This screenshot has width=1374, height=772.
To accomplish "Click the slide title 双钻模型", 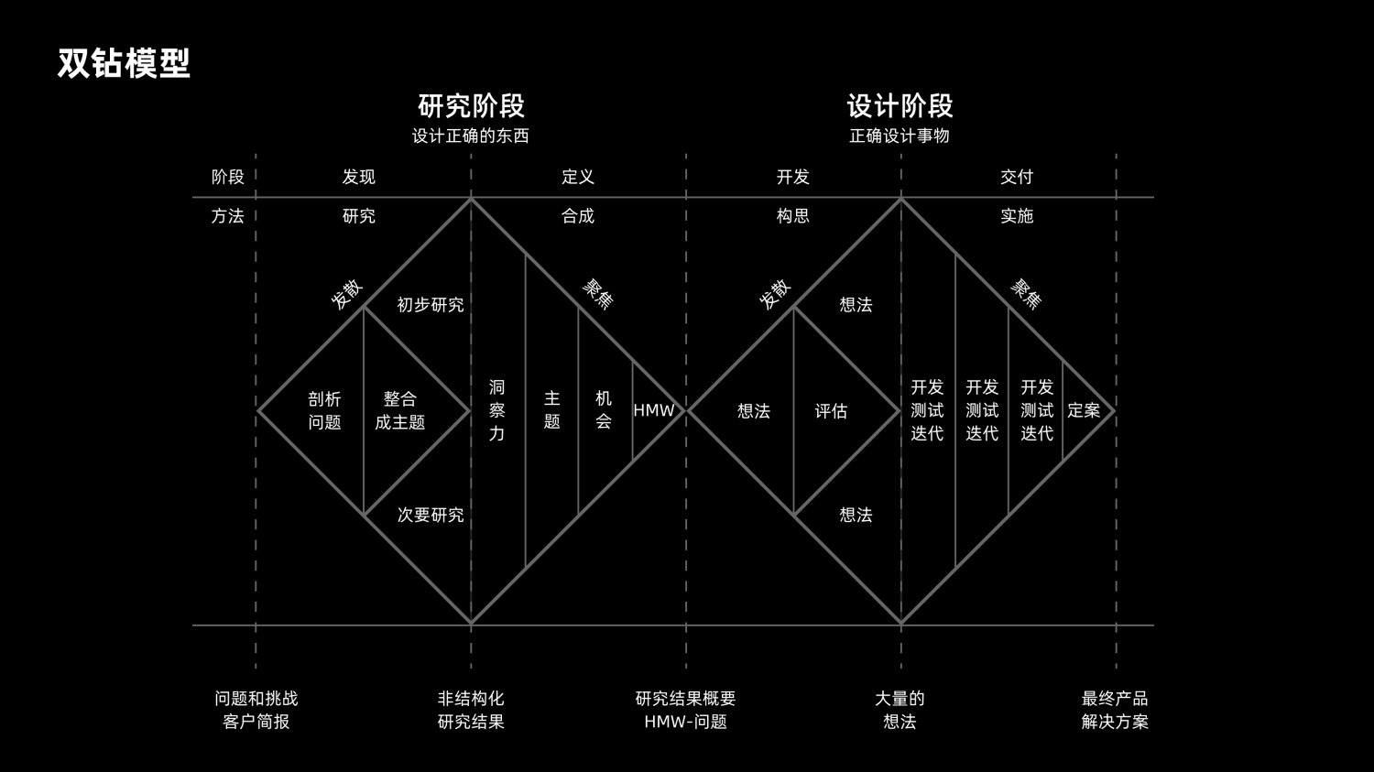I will [124, 63].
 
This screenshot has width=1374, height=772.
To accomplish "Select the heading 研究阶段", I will [471, 106].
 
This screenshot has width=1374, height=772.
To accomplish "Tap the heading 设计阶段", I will [900, 106].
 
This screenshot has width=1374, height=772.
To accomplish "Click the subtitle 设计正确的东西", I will [471, 136].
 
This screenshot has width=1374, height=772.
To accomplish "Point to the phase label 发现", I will [359, 177].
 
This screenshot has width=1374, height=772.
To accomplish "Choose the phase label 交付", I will [1017, 177].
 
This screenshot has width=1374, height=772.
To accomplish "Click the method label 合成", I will [578, 216].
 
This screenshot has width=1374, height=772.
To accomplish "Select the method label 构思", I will [793, 216].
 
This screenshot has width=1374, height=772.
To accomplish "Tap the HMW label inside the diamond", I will [654, 410].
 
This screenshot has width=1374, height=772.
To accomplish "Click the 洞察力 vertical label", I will [496, 410].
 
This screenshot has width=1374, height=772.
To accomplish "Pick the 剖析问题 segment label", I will [324, 410].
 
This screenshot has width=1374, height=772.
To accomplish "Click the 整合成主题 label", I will [400, 410].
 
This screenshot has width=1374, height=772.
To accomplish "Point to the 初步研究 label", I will [430, 305].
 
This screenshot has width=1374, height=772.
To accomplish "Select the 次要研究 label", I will [430, 515].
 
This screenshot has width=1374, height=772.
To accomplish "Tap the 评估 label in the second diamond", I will [831, 411].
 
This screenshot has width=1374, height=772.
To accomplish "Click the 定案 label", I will [1084, 410].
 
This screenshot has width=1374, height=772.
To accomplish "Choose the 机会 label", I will [604, 409].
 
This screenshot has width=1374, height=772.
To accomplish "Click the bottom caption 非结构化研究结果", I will [471, 710].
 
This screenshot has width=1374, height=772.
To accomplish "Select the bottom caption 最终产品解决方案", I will [1115, 710].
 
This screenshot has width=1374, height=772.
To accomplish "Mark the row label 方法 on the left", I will [228, 216].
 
